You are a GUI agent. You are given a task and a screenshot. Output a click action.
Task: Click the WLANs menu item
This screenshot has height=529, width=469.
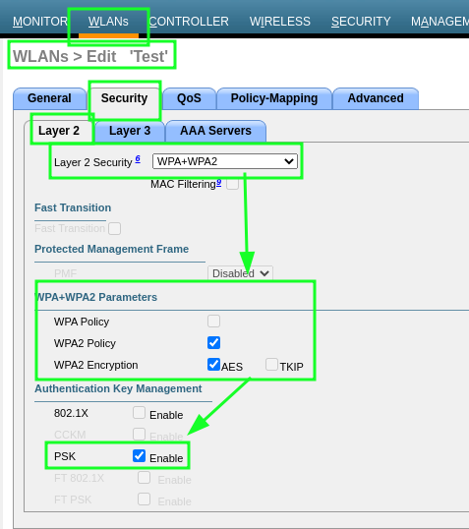[108, 21]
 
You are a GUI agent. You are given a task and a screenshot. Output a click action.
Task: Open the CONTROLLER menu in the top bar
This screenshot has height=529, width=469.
[189, 21]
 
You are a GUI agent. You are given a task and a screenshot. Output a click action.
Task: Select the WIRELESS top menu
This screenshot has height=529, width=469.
[279, 21]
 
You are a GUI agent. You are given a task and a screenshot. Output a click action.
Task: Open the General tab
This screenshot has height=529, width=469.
[49, 98]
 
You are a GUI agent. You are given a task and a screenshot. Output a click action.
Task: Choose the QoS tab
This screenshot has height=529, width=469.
[188, 98]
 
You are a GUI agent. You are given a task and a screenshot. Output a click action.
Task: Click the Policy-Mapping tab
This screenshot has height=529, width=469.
[273, 98]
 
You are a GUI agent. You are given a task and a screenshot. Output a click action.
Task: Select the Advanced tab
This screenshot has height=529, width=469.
[375, 98]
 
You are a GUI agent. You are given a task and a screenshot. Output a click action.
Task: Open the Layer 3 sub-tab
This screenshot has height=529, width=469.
[130, 131]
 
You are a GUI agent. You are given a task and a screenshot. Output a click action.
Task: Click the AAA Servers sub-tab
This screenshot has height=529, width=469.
[215, 131]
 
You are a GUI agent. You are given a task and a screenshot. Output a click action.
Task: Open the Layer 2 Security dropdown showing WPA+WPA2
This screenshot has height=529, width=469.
[225, 161]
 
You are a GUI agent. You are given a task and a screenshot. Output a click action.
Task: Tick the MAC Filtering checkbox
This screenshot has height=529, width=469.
[233, 183]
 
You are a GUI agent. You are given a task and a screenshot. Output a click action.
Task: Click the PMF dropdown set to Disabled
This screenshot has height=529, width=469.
[240, 273]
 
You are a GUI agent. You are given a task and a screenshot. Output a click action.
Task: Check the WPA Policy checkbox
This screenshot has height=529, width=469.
[213, 322]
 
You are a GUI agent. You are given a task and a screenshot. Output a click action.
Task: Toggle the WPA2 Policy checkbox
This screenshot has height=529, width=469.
[213, 343]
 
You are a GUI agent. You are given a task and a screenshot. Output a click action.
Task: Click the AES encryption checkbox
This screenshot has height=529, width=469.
[213, 365]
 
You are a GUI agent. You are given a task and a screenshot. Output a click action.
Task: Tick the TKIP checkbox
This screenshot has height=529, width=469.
[271, 365]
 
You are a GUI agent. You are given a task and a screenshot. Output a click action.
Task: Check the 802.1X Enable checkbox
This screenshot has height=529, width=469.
[140, 414]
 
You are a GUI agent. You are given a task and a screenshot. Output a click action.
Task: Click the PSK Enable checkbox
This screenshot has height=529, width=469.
[140, 456]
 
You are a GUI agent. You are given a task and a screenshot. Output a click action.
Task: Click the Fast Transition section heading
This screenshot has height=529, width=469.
[73, 207]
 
